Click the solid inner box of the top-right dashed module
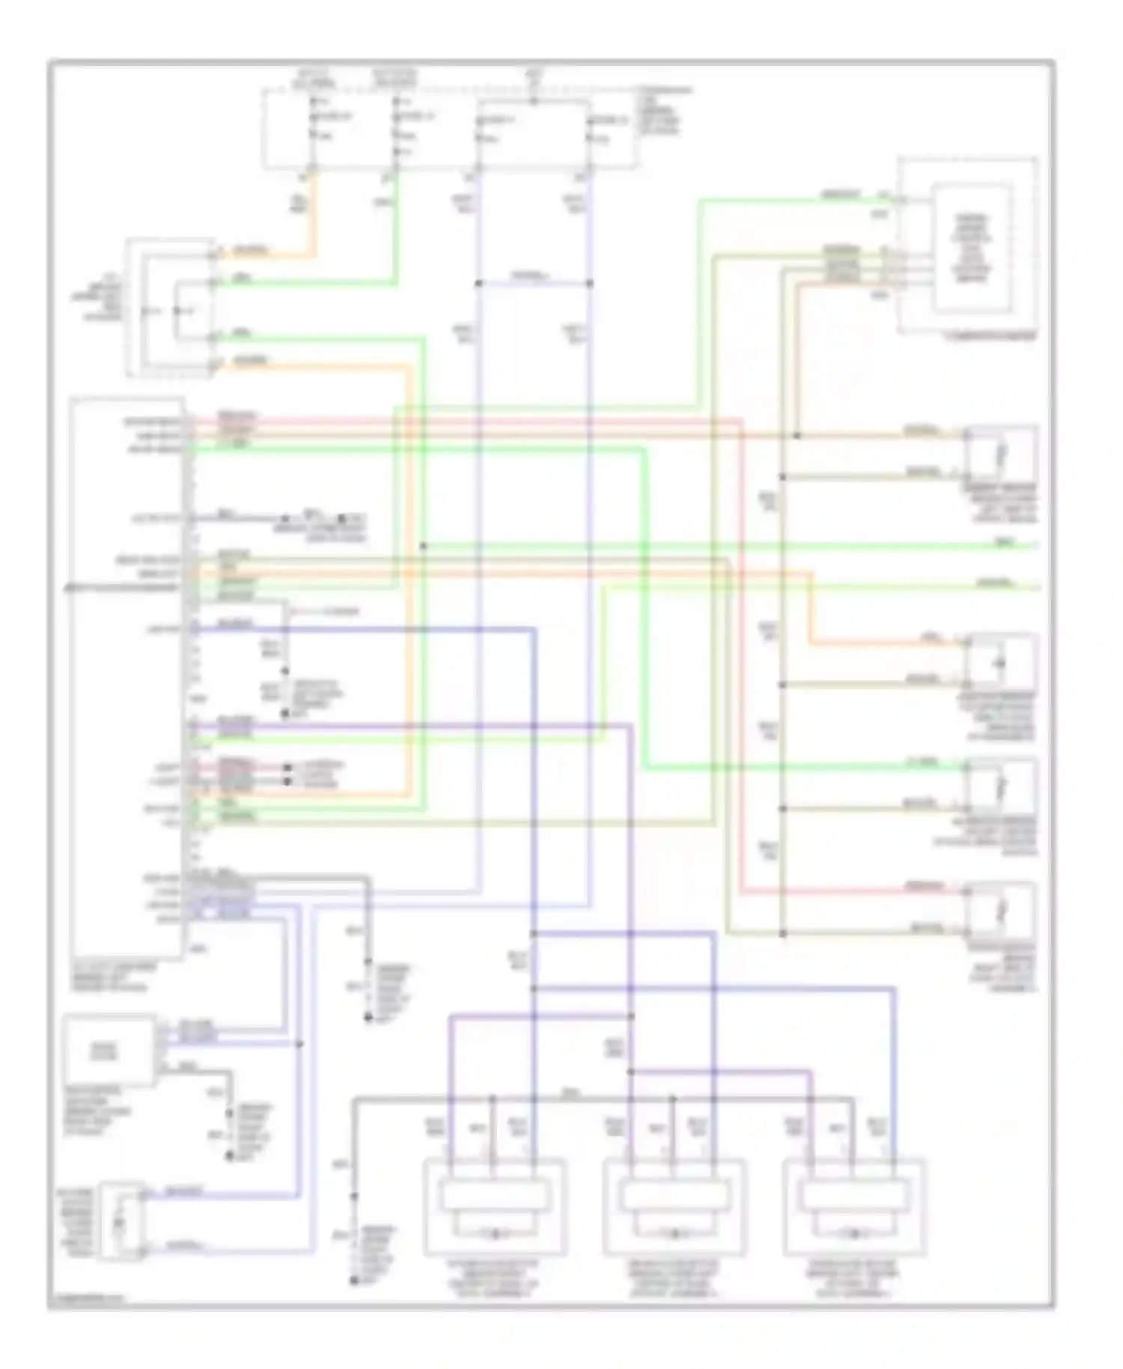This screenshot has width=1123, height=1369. (971, 249)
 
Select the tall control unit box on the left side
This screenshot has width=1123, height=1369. (127, 678)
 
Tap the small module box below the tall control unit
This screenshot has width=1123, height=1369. (110, 1050)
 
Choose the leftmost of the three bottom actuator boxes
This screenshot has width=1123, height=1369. (494, 1206)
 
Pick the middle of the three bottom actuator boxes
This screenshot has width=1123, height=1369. (675, 1206)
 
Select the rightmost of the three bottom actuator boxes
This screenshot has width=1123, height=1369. (854, 1206)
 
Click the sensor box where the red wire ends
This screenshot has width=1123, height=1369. (1001, 910)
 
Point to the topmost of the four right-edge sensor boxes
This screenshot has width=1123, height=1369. (1001, 453)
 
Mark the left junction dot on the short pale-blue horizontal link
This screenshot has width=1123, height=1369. (478, 284)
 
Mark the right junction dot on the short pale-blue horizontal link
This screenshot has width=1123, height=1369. (590, 284)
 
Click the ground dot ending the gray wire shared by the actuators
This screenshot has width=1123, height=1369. (353, 1282)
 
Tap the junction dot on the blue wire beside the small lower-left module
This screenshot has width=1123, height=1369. (299, 1043)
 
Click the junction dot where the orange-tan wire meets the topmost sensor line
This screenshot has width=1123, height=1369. (797, 435)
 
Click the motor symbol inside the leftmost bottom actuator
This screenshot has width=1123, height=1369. (495, 1233)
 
